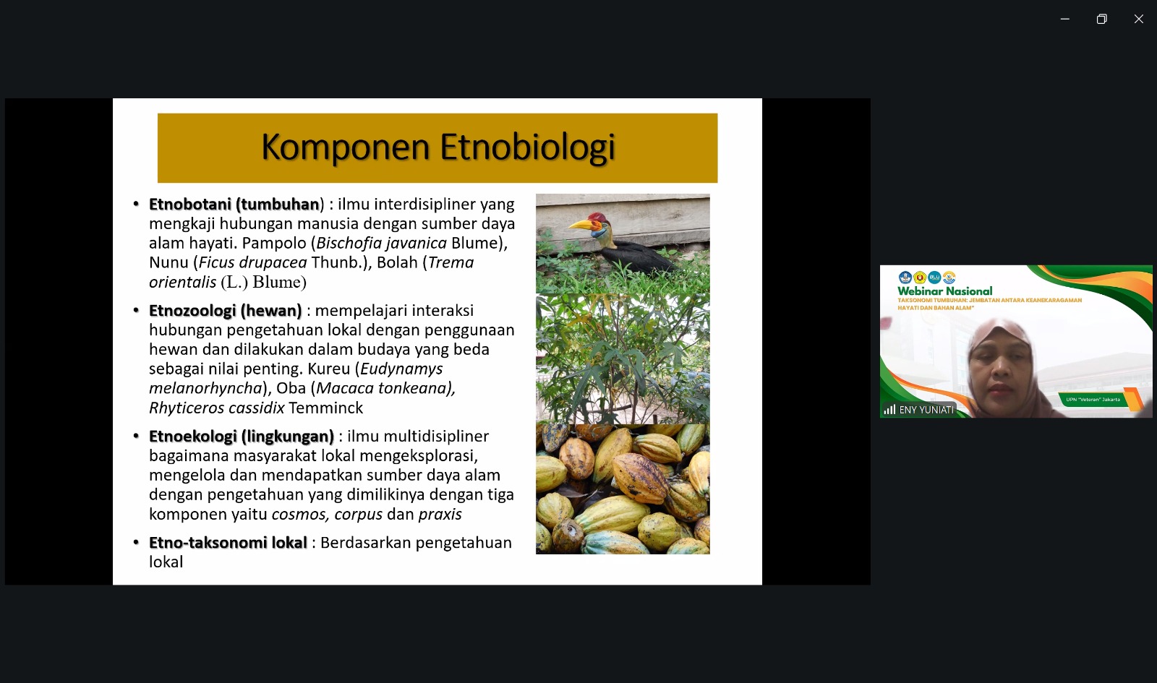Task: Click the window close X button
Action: [x=1138, y=19]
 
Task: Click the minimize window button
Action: [x=1064, y=19]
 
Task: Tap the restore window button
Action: [x=1102, y=19]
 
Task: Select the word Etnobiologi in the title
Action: [x=528, y=147]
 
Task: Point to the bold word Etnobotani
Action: [x=190, y=205]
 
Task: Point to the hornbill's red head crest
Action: [x=597, y=218]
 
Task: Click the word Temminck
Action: [x=326, y=408]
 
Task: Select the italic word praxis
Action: [x=440, y=515]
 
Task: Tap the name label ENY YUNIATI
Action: [x=926, y=410]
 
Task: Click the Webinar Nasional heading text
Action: [x=944, y=291]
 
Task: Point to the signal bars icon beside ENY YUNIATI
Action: [x=889, y=410]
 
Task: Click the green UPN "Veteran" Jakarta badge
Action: [x=1093, y=399]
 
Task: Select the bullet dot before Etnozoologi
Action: [x=137, y=310]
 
